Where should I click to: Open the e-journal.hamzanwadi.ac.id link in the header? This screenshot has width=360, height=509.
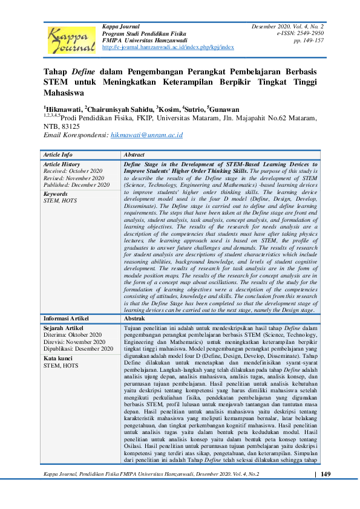coord(168,47)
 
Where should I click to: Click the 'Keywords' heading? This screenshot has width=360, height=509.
coord(56,193)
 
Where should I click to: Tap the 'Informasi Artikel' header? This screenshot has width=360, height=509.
coord(67,318)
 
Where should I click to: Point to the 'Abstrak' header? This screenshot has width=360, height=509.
coord(135,318)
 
